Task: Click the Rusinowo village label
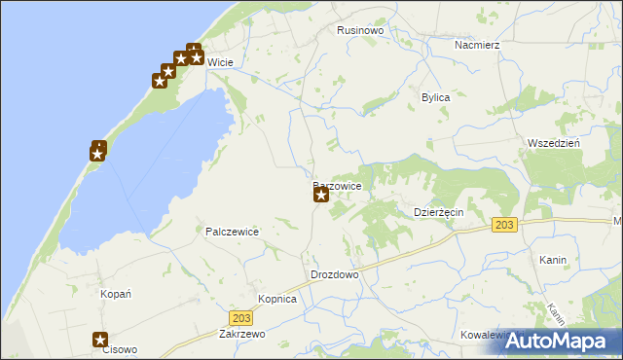coord(360,31)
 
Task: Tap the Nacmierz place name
coord(477,45)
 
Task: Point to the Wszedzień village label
coord(553,143)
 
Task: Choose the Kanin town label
coord(552,261)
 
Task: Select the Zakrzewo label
coord(242,333)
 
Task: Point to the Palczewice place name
coord(231,232)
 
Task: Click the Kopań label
coord(116,293)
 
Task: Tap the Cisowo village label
coord(120,350)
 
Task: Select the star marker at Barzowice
coord(320,195)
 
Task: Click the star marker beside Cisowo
coord(100,340)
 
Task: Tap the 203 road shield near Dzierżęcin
coord(503,225)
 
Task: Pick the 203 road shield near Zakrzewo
coord(241,318)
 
